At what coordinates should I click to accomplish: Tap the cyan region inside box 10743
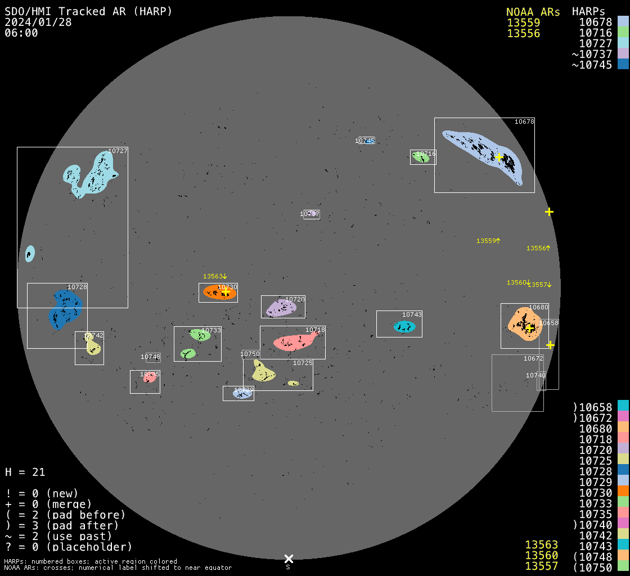[x=404, y=327]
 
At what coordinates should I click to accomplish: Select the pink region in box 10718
[x=294, y=341]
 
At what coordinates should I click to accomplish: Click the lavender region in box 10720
[x=280, y=308]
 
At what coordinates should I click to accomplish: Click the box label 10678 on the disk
[x=524, y=121]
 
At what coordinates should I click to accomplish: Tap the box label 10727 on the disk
[x=118, y=151]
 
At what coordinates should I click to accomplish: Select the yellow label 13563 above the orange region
[x=214, y=276]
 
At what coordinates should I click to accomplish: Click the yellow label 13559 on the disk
[x=487, y=241]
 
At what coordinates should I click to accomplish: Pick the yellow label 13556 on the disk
[x=537, y=248]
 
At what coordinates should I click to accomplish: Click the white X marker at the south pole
[x=289, y=559]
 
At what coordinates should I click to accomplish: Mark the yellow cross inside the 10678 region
[x=498, y=157]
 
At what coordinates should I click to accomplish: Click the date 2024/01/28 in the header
[x=29, y=22]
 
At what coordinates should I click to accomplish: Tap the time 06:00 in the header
[x=21, y=33]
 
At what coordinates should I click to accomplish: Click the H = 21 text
[x=25, y=472]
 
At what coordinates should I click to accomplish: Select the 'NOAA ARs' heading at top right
[x=533, y=12]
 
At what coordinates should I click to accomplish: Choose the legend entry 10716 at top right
[x=595, y=33]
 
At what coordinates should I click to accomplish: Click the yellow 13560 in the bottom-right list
[x=541, y=555]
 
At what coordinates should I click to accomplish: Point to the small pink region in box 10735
[x=149, y=378]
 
